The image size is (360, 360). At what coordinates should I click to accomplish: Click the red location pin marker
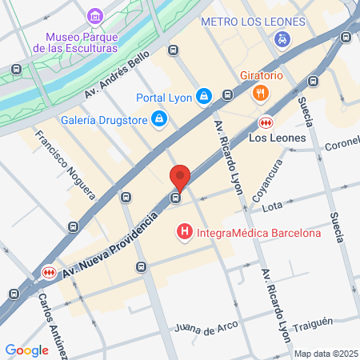coord(180,178)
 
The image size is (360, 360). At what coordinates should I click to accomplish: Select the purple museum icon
coord(95,16)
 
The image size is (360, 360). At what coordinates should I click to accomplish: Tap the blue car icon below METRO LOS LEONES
coord(281,38)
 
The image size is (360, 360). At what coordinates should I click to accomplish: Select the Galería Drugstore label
coord(103,121)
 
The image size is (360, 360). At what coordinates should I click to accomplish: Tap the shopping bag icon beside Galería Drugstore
coord(159,120)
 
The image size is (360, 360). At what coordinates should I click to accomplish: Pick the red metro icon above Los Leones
coord(265,122)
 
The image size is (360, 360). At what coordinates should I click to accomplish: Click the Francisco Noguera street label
coord(65,164)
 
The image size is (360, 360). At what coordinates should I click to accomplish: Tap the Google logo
coord(26,350)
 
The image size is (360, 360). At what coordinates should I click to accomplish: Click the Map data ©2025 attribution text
coord(326,354)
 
